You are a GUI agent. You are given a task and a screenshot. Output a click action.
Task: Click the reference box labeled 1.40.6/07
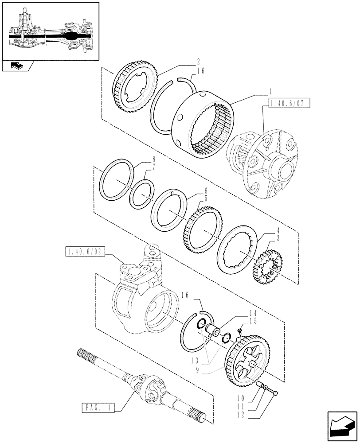click(x=288, y=104)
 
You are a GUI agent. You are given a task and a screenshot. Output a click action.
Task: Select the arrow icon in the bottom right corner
click(x=341, y=424)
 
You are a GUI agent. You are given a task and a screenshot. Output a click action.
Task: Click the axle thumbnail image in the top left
click(x=50, y=31)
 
